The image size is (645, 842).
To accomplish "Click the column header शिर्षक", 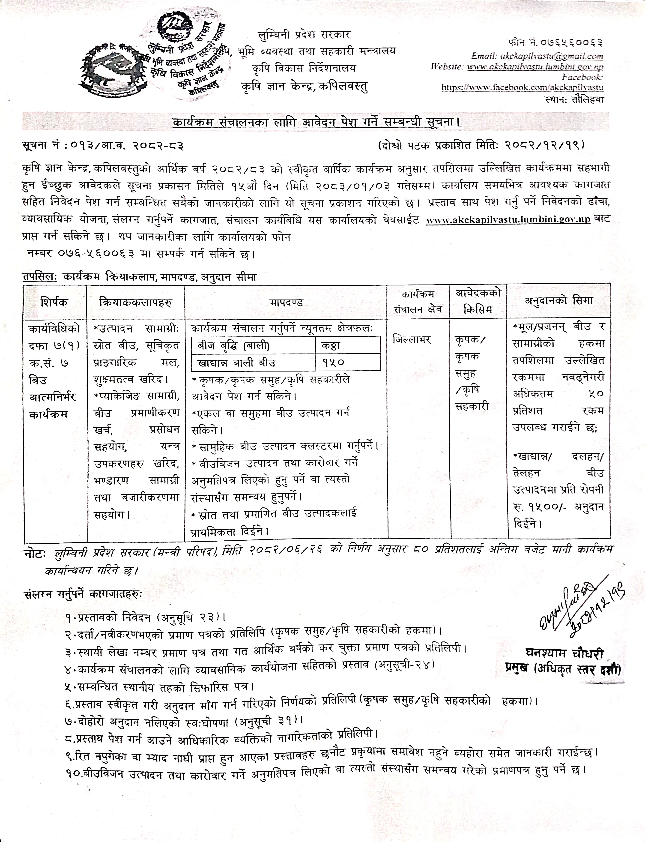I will coord(54,302).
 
